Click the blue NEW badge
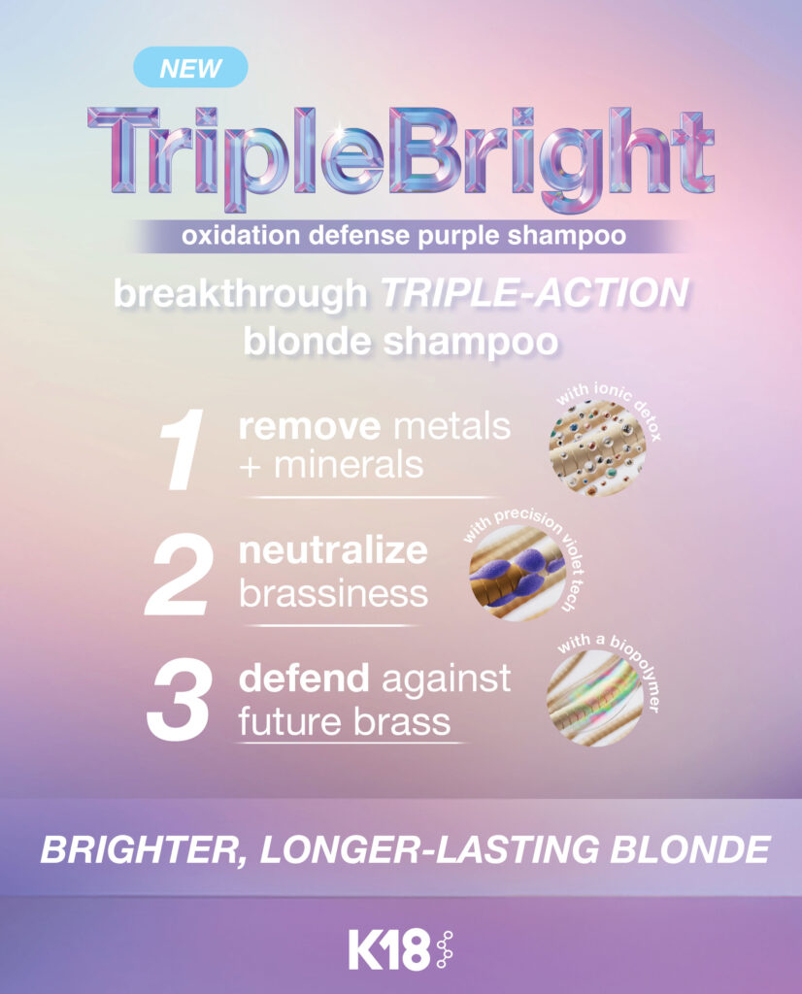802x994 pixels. coord(190,67)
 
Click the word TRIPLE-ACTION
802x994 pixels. coord(534,293)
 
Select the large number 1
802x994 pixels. coord(182,449)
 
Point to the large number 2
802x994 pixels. coord(178,575)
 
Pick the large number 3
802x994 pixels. coord(178,700)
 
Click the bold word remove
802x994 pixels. coord(310,427)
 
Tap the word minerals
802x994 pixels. coord(349,465)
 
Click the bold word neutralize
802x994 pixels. coord(333,550)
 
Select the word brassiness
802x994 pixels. coord(333,594)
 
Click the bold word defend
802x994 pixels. coord(304,678)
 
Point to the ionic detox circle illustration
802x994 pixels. coord(597,448)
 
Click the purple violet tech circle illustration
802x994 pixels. coord(518,573)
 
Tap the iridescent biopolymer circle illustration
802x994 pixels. coord(595,698)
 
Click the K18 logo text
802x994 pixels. coord(388,949)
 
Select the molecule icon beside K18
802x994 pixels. coord(445,949)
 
